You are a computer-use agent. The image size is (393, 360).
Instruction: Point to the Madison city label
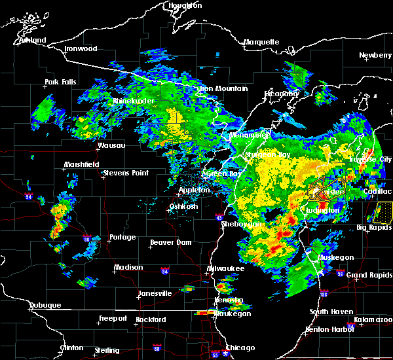(x=128, y=267)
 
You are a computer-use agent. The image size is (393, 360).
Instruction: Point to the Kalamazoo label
(x=373, y=319)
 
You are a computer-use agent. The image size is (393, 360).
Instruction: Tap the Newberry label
(x=376, y=56)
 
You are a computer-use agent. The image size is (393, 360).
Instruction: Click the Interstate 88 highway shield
(x=156, y=348)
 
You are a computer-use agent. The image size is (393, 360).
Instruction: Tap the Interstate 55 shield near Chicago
(x=215, y=355)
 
